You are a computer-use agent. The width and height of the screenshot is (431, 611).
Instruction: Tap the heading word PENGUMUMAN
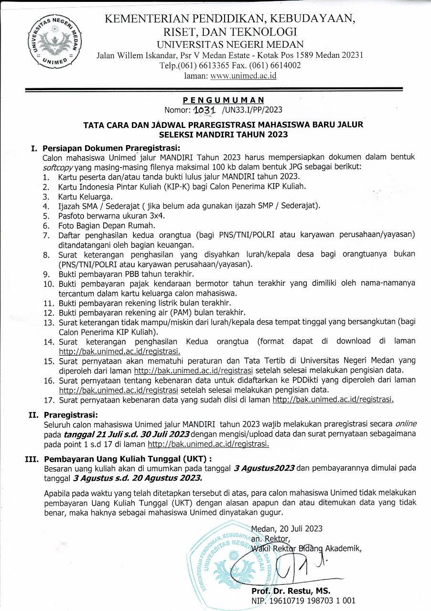tap(223, 100)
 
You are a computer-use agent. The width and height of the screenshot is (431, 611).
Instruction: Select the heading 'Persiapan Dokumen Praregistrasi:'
tap(111, 148)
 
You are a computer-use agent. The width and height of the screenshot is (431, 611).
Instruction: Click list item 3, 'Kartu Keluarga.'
tap(86, 196)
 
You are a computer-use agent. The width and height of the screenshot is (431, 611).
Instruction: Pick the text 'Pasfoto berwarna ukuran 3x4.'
tap(113, 215)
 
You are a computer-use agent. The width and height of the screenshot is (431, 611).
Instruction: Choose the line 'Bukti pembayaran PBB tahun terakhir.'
tap(126, 274)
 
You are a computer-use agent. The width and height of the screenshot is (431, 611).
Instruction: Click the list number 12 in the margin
tap(48, 313)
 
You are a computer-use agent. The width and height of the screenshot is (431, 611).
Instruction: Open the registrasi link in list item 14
tap(119, 351)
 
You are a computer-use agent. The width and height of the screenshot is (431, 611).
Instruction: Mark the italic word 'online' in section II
tap(405, 423)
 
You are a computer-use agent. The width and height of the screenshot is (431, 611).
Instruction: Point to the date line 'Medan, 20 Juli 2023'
tap(287, 528)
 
